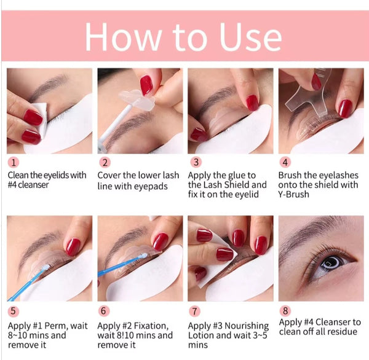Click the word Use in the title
click(250, 36)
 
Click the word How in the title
click(124, 36)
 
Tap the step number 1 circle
click(14, 162)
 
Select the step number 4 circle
click(285, 162)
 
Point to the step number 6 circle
click(103, 311)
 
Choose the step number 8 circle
click(285, 311)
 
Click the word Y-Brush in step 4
click(293, 194)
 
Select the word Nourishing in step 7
click(247, 326)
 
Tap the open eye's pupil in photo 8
click(331, 263)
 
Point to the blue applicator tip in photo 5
click(46, 267)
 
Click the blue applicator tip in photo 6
click(143, 256)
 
